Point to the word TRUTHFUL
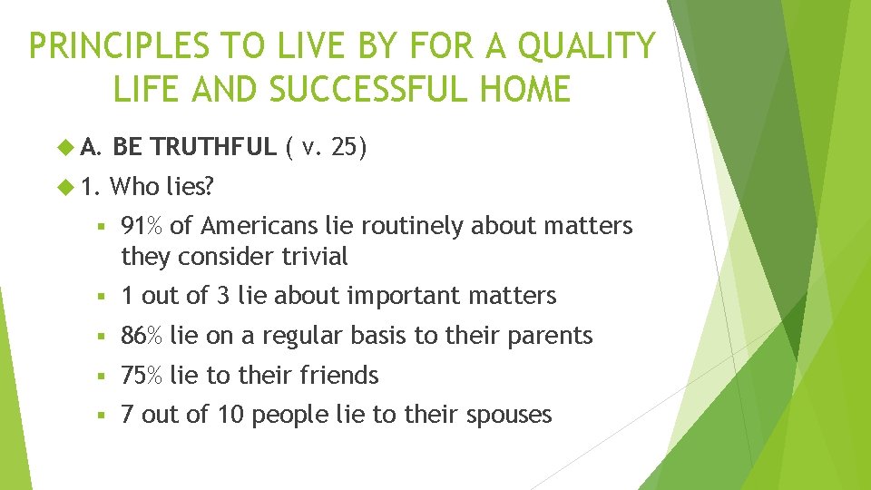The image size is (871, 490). [x=215, y=146]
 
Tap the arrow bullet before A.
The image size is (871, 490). [x=64, y=147]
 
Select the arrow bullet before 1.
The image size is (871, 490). [x=64, y=187]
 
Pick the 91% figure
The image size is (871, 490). [x=142, y=225]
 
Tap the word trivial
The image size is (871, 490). [x=308, y=257]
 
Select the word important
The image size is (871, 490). [x=388, y=296]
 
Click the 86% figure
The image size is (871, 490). [x=142, y=336]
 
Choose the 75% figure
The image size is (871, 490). [x=142, y=375]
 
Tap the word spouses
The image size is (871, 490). [x=508, y=415]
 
